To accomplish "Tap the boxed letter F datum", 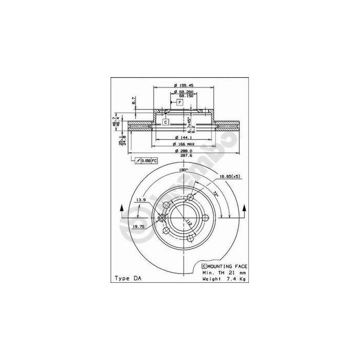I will (181, 103).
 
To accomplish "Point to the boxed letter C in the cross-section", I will (166, 122).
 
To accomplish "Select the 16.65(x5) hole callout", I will (230, 176).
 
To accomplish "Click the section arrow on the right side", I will (244, 209).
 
